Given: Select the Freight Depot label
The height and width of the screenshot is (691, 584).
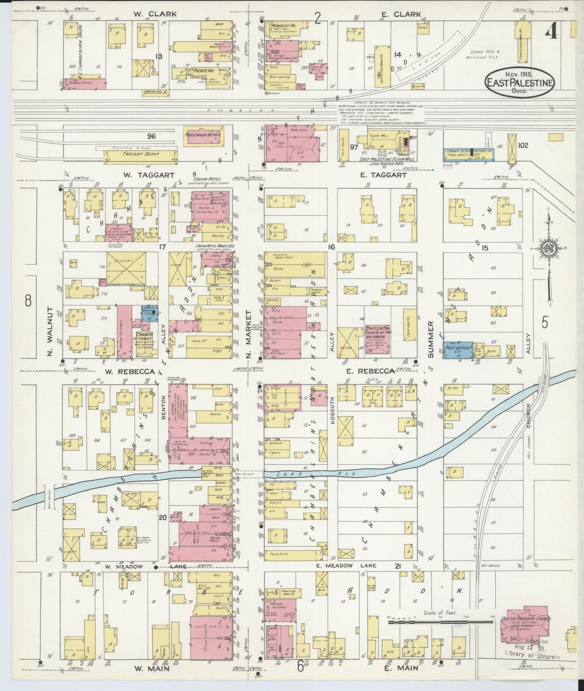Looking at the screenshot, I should click(141, 154).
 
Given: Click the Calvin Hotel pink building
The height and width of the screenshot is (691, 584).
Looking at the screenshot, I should click(210, 206).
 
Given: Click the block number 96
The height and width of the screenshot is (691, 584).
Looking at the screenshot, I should click(152, 137).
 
